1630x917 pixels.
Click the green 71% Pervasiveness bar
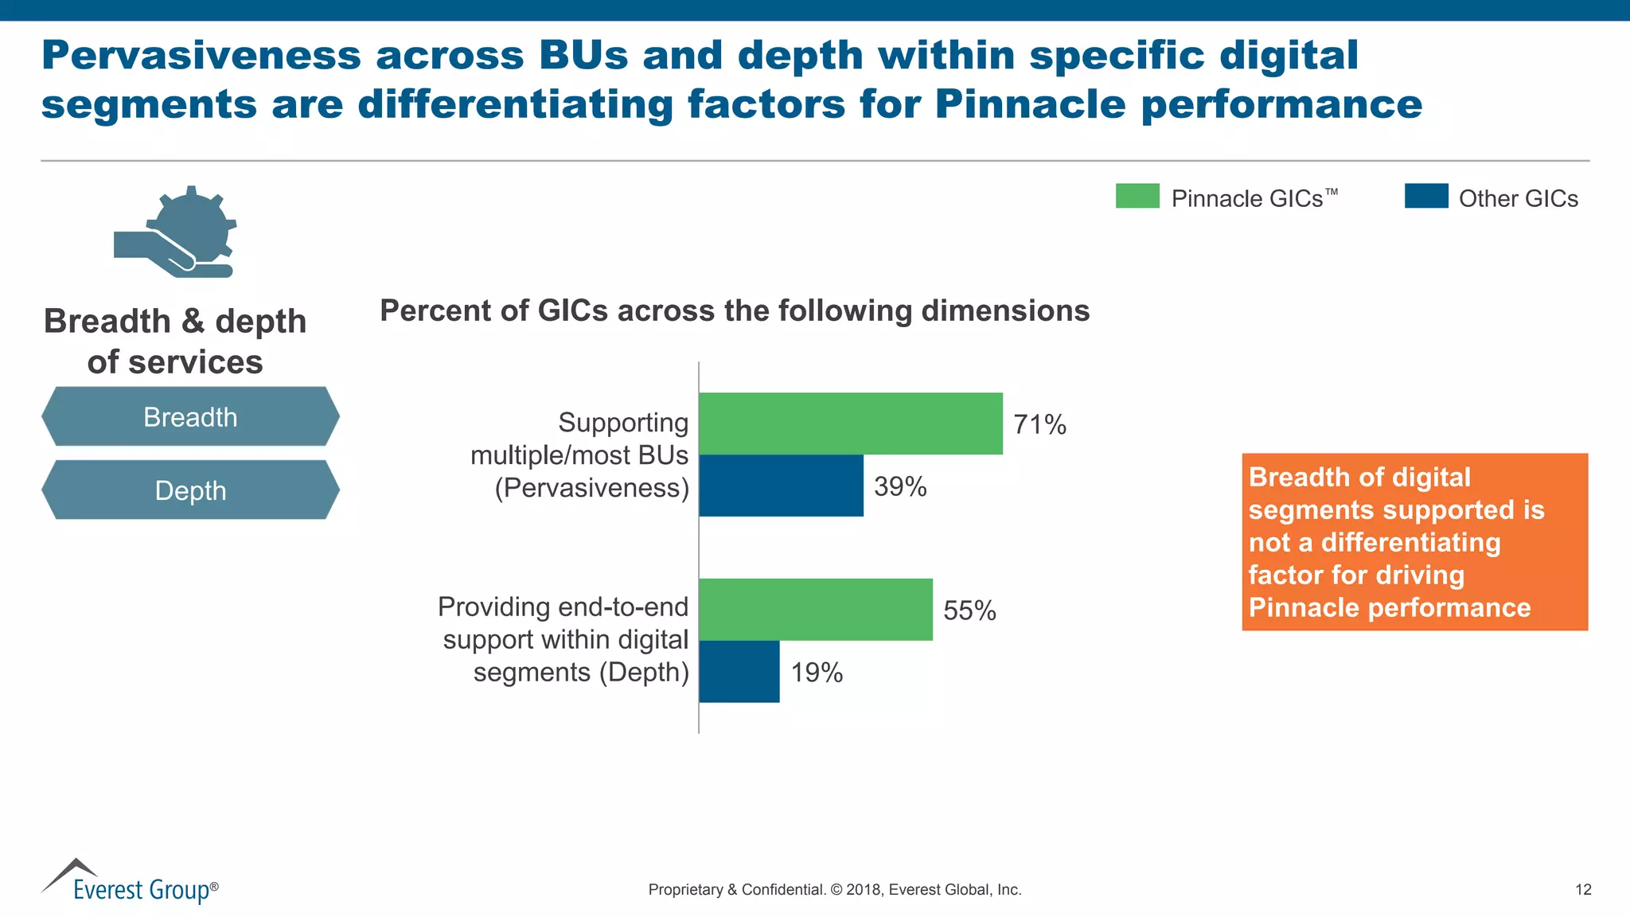(x=850, y=423)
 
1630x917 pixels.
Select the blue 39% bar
(x=781, y=486)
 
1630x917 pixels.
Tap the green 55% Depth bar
(x=815, y=610)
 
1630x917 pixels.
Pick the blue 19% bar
(x=739, y=672)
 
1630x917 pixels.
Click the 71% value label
(x=1039, y=424)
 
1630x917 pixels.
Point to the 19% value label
(x=817, y=673)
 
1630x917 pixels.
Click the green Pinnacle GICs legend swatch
(x=1137, y=196)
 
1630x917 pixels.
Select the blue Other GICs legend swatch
(x=1425, y=196)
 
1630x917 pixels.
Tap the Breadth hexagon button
(x=190, y=416)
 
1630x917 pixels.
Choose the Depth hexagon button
(x=190, y=490)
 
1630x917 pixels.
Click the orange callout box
(x=1414, y=542)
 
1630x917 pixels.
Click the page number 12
(x=1582, y=890)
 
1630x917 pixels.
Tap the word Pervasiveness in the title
(x=201, y=56)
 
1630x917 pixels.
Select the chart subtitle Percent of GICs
(x=734, y=310)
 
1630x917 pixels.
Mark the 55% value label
(x=969, y=611)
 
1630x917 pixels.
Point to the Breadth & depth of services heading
(x=175, y=341)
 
